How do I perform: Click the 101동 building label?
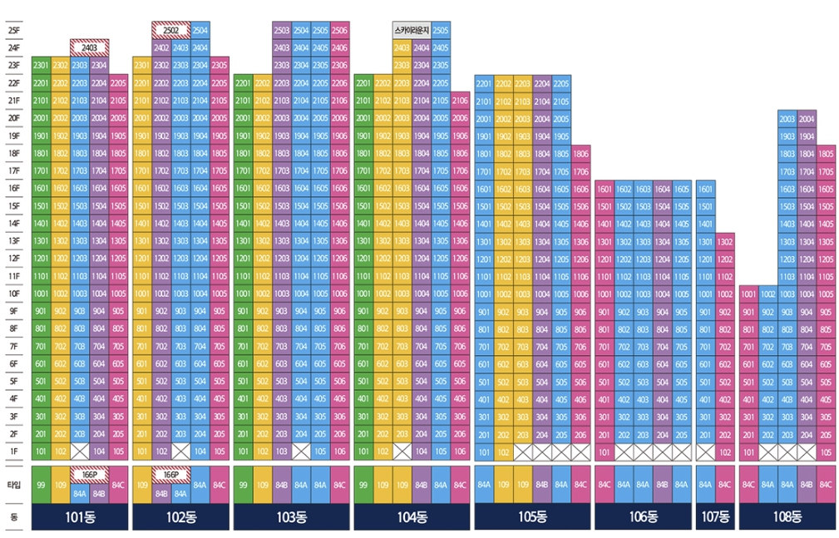coord(80,516)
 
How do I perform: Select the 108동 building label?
coord(786,516)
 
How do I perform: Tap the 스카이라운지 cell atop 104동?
coord(412,30)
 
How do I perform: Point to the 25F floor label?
coord(13,30)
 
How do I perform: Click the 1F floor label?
coord(13,452)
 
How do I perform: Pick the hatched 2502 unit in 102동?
coord(170,30)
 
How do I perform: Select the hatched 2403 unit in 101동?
coord(90,47)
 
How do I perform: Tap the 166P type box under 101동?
coord(90,474)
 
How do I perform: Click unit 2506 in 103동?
coord(339,30)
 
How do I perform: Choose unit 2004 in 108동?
coord(806,119)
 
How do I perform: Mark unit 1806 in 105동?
coord(580,154)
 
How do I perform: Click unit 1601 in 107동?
coord(705,189)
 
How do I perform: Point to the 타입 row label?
coord(13,485)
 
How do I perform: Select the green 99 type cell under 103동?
coord(243,485)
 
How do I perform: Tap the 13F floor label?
coord(13,241)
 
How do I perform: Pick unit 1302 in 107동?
coord(724,241)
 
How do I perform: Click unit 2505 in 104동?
coord(441,30)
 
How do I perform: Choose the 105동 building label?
coord(532,516)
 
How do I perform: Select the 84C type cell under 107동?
coord(724,485)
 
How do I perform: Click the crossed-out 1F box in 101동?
coord(80,452)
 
